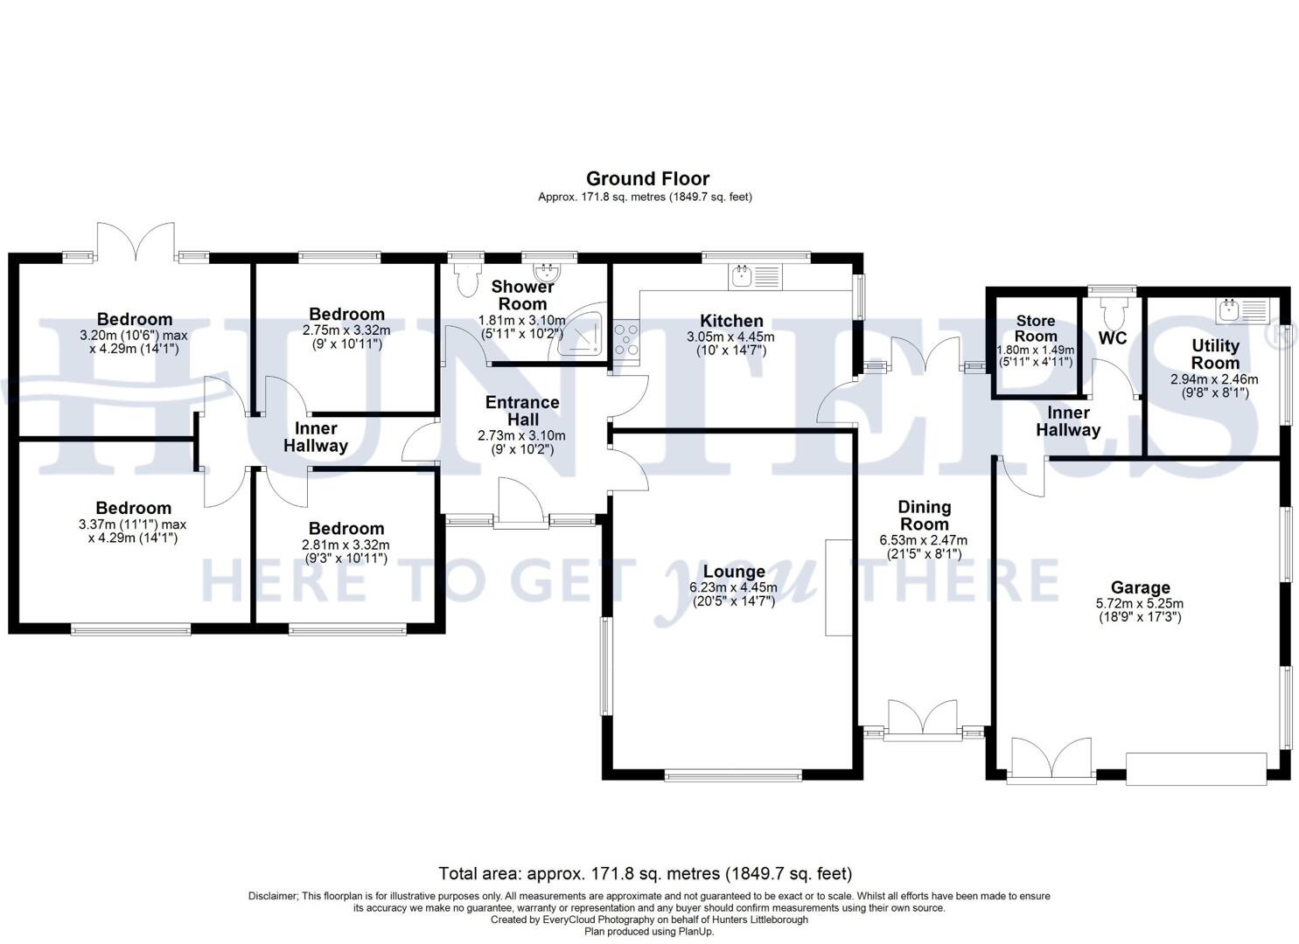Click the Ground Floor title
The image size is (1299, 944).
647,179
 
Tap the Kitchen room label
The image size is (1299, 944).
731,321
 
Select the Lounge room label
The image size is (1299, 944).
734,573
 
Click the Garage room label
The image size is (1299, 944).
1141,587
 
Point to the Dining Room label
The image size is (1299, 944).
925,515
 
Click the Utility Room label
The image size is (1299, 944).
1215,354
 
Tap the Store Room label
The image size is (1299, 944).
1036,329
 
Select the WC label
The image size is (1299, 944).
1112,338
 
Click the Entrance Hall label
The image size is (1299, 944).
522,411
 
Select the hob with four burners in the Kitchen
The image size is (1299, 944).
626,339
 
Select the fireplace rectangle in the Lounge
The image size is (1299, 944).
838,587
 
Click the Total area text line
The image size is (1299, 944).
645,873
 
